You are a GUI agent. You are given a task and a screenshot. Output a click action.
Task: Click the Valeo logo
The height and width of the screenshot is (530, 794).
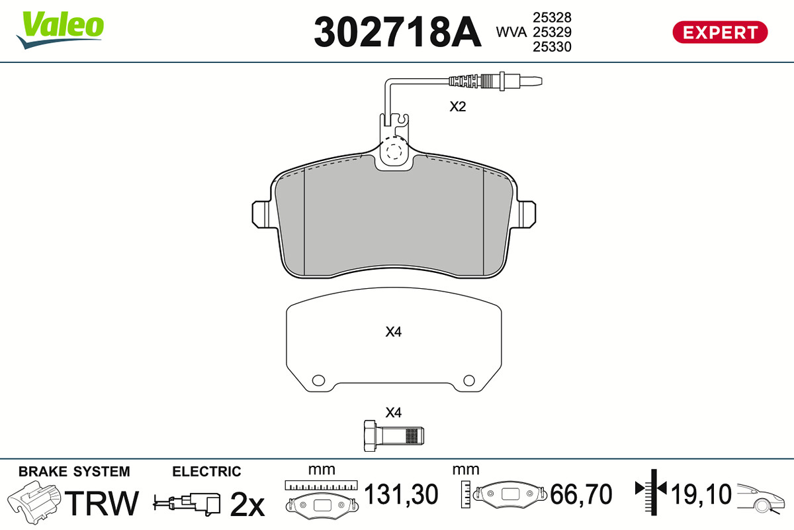(x=60, y=30)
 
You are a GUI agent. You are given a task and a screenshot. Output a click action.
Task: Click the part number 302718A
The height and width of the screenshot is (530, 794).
(x=398, y=32)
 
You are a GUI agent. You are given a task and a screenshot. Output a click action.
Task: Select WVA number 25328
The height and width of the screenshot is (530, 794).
(x=552, y=17)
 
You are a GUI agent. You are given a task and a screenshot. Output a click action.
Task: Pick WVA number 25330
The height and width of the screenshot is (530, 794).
(x=552, y=47)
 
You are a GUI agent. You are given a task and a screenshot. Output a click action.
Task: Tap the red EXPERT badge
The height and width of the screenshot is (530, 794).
(x=720, y=32)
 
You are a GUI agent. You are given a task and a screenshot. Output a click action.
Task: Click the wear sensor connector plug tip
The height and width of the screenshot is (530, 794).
(x=531, y=81)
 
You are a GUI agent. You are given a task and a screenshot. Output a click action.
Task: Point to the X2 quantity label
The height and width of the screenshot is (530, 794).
(x=458, y=107)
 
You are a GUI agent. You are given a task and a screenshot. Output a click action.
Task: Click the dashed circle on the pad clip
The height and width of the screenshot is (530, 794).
(x=394, y=152)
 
